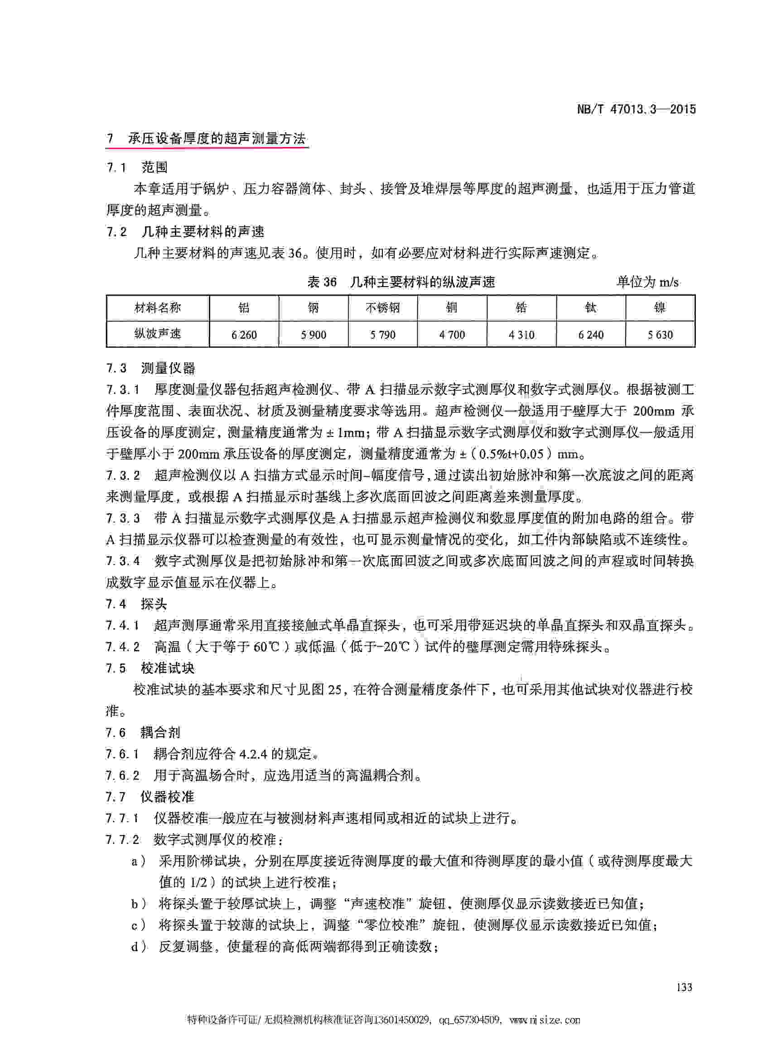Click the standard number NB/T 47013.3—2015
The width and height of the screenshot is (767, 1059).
[636, 110]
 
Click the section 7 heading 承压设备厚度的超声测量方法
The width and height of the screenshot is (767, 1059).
[207, 139]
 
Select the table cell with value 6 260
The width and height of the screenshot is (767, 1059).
[244, 334]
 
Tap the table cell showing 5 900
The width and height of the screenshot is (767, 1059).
[314, 334]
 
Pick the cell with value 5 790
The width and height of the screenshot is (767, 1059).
[382, 334]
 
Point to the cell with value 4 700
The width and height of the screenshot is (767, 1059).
[452, 334]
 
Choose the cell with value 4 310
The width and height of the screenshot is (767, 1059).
[521, 334]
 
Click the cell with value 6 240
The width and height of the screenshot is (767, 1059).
[590, 334]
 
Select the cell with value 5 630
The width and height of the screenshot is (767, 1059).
[660, 334]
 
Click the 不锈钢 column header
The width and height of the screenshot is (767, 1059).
[382, 308]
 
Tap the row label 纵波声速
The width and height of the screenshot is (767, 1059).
[157, 333]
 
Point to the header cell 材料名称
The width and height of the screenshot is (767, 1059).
[157, 308]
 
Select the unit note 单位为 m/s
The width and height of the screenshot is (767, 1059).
[647, 282]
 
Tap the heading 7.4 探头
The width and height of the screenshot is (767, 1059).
[136, 604]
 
